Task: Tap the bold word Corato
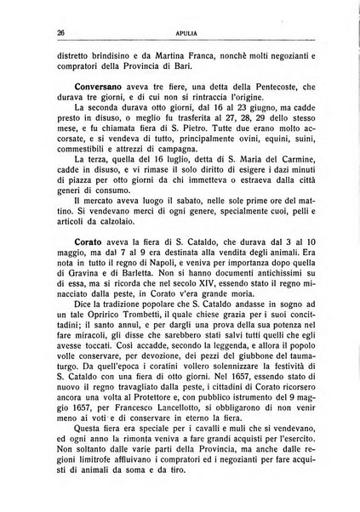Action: pyautogui.click(x=64, y=230)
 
